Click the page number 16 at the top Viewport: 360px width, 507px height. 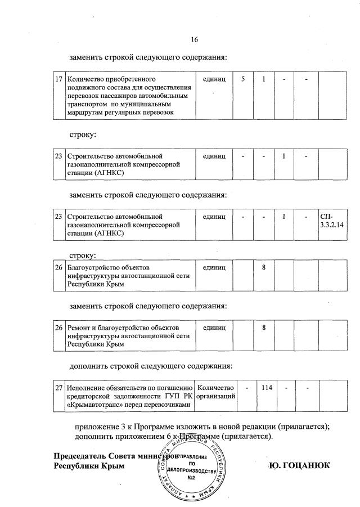click(x=195, y=39)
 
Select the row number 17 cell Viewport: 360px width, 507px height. click(x=58, y=79)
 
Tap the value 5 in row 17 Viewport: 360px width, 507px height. click(x=243, y=79)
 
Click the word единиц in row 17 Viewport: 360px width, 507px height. click(x=214, y=79)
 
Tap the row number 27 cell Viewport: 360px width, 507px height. click(x=58, y=388)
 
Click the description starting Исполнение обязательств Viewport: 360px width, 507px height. click(x=129, y=397)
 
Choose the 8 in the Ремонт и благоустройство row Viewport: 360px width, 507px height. click(x=263, y=327)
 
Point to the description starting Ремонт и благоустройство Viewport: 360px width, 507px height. click(x=129, y=335)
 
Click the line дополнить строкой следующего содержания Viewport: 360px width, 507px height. click(x=151, y=366)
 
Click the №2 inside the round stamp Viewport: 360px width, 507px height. click(x=191, y=478)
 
